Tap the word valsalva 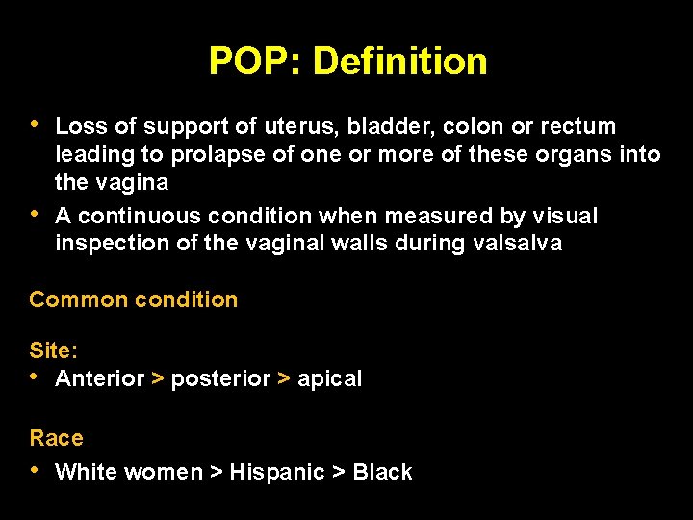pyautogui.click(x=518, y=244)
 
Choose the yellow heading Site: pyautogui.click(x=53, y=351)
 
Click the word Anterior pyautogui.click(x=100, y=379)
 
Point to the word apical pyautogui.click(x=329, y=379)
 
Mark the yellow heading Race pyautogui.click(x=56, y=438)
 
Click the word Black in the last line pyautogui.click(x=382, y=472)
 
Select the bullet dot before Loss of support pyautogui.click(x=36, y=125)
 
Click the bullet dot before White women pyautogui.click(x=36, y=471)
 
